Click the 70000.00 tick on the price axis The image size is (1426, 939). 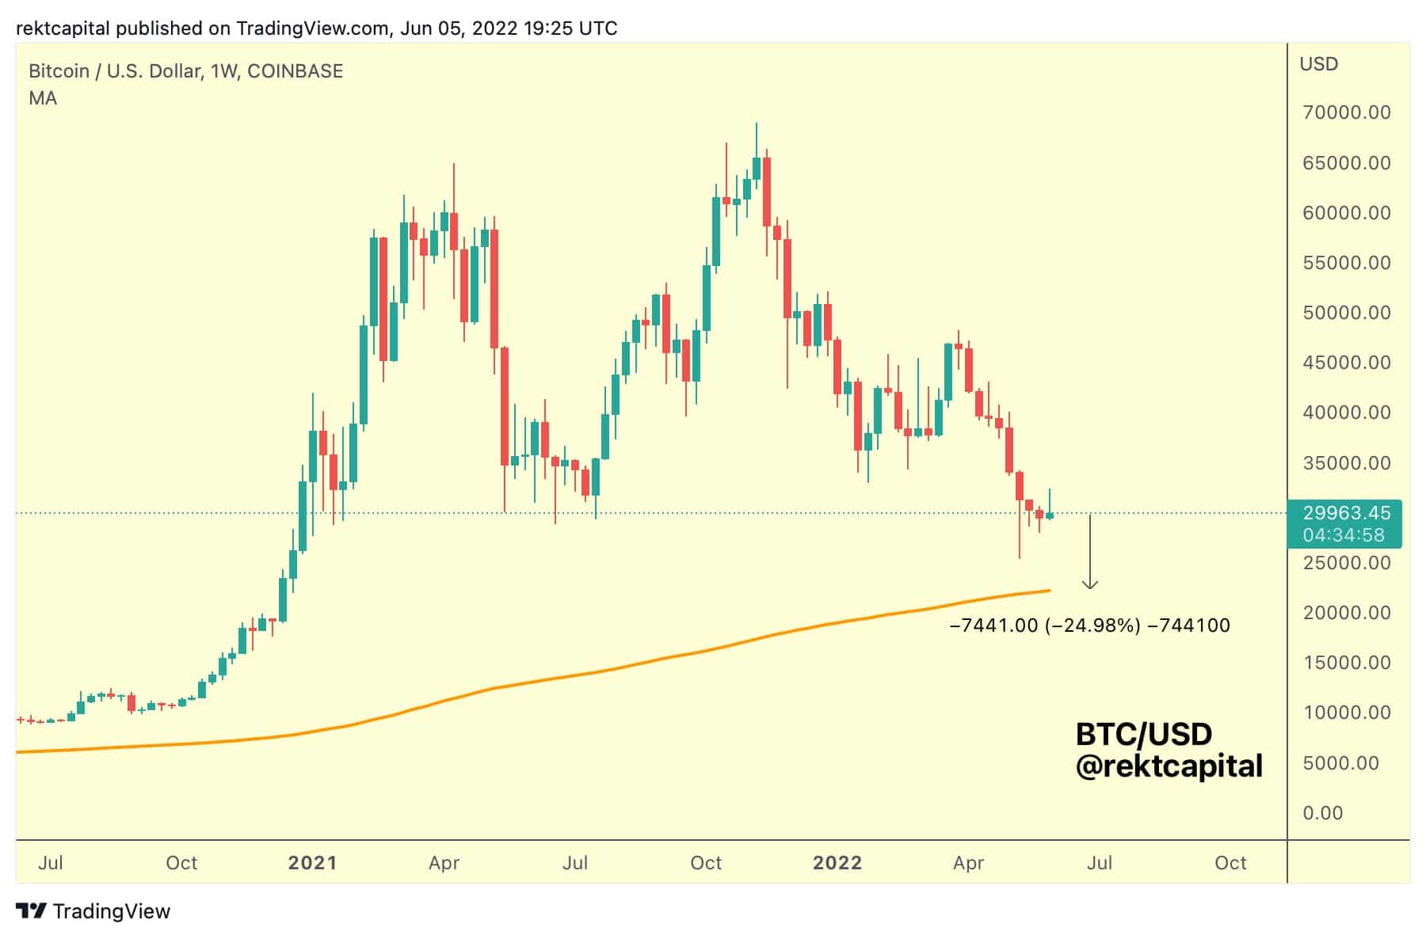(x=1346, y=112)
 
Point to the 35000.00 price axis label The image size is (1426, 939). (x=1346, y=463)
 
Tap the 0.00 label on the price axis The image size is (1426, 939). (x=1322, y=813)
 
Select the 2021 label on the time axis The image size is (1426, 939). (x=312, y=862)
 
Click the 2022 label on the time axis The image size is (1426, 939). (x=837, y=862)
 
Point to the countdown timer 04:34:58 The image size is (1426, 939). (x=1344, y=535)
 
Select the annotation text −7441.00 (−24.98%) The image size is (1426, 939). (x=1044, y=625)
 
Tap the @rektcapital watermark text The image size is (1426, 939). (x=1169, y=766)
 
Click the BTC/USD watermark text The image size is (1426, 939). (x=1143, y=735)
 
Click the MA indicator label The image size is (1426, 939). (x=43, y=98)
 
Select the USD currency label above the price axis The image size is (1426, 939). (x=1318, y=64)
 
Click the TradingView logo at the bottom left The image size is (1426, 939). (x=93, y=911)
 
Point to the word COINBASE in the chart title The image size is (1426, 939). (x=295, y=71)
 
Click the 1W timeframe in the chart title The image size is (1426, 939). (x=224, y=71)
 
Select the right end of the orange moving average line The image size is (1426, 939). (x=1049, y=590)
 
